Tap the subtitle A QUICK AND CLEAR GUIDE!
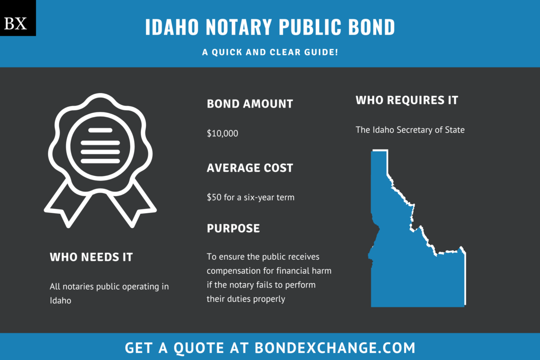[270, 53]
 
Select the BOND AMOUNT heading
[250, 104]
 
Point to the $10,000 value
[222, 133]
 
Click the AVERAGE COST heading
[250, 168]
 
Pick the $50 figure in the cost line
[214, 197]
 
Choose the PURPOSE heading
[233, 228]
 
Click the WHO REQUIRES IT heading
[407, 100]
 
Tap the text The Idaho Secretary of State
[410, 130]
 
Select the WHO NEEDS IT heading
[91, 257]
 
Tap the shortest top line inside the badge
[100, 130]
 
